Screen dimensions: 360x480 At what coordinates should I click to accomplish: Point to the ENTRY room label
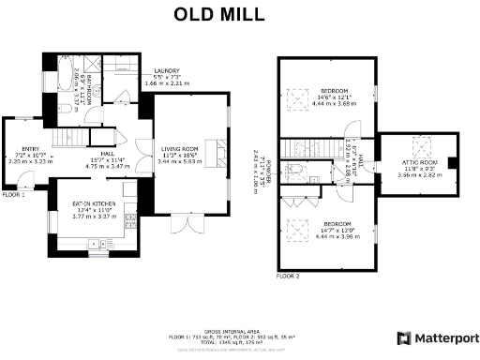coord(31,149)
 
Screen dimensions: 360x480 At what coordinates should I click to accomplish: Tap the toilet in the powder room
coord(293,170)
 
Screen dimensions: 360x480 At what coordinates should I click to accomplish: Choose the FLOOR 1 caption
coord(13,195)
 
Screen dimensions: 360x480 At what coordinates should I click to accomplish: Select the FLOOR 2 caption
coord(288,277)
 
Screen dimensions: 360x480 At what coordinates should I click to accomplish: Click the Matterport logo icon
coord(404,337)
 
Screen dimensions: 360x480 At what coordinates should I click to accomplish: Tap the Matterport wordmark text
coord(445,337)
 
